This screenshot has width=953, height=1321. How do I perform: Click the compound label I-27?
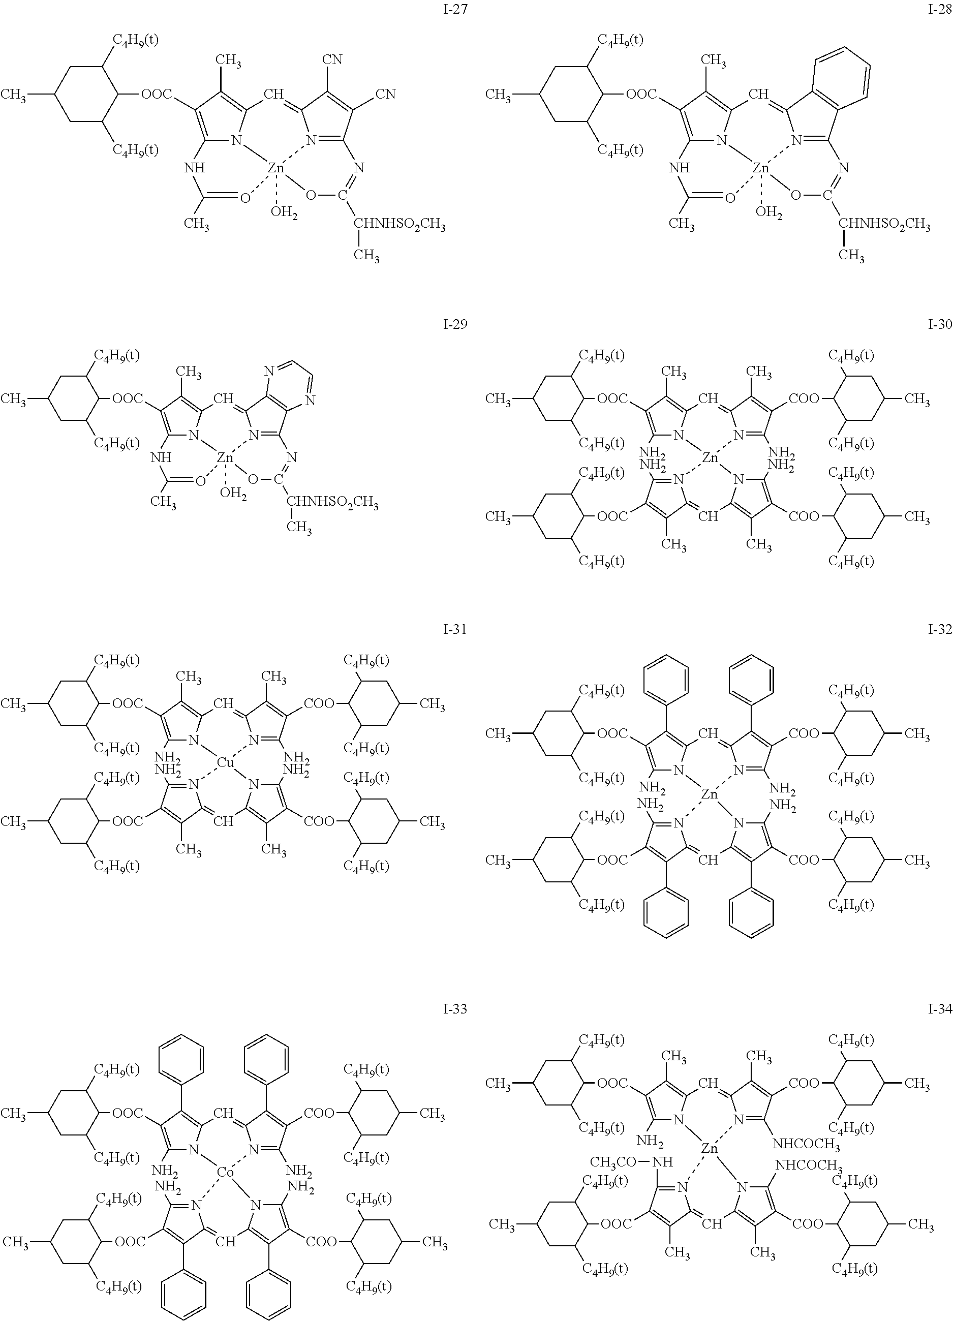[x=454, y=11]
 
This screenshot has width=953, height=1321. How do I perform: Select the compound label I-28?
[x=940, y=11]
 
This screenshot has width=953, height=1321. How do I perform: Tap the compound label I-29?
[x=454, y=325]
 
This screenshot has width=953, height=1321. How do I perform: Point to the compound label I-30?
[x=940, y=325]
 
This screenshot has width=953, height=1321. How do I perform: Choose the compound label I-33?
[x=454, y=1009]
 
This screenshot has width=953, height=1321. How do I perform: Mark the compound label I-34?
[x=940, y=1009]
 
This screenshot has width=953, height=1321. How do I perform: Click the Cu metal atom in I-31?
[x=225, y=762]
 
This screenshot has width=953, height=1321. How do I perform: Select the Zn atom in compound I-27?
[x=275, y=168]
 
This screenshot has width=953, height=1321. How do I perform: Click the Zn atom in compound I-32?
[x=710, y=793]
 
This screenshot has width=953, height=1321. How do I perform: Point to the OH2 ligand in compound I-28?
[x=769, y=213]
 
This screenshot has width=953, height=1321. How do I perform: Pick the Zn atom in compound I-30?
[x=710, y=458]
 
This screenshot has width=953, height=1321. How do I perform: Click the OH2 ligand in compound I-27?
[x=284, y=213]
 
